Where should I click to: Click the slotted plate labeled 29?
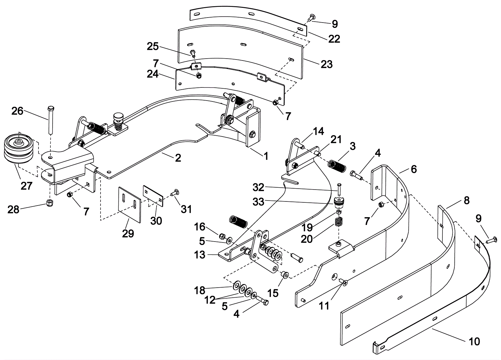(x=130, y=204)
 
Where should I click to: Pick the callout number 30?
(x=156, y=221)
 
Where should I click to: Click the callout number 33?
(x=258, y=202)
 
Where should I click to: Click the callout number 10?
(x=474, y=341)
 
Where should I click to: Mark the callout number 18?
(x=199, y=290)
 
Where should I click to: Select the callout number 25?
(x=153, y=47)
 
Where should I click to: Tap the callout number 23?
(x=326, y=64)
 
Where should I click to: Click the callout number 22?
(x=334, y=39)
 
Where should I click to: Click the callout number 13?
(x=199, y=255)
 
